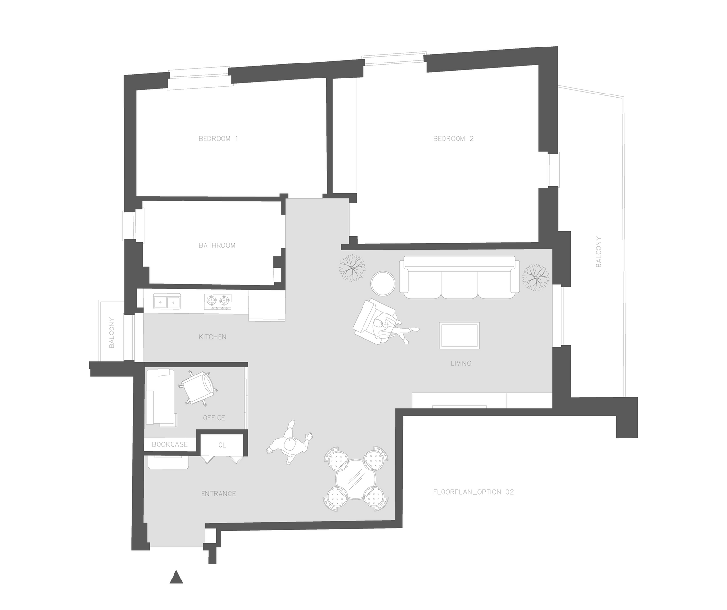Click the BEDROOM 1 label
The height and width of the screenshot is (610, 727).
tap(218, 139)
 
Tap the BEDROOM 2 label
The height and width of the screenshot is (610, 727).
tap(453, 139)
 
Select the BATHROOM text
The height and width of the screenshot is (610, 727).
tap(217, 246)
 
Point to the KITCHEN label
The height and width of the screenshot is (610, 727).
tap(212, 337)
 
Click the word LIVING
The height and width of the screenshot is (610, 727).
tap(461, 363)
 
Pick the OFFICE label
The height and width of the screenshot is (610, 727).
tap(214, 418)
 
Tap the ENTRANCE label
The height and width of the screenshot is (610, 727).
tap(219, 494)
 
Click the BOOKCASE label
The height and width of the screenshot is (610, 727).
tap(170, 445)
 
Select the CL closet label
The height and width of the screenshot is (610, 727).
tap(222, 445)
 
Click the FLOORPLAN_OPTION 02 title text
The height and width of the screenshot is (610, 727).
tap(474, 492)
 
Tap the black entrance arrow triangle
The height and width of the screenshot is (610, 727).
tap(176, 577)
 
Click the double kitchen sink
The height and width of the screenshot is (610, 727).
tap(167, 301)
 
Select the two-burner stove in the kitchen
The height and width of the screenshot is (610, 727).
tap(218, 301)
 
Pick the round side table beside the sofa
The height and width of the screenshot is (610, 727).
tap(383, 283)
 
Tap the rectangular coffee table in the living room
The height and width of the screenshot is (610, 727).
tap(459, 335)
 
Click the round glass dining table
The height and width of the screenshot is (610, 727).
tap(356, 479)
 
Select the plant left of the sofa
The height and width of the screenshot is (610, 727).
tap(352, 267)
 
